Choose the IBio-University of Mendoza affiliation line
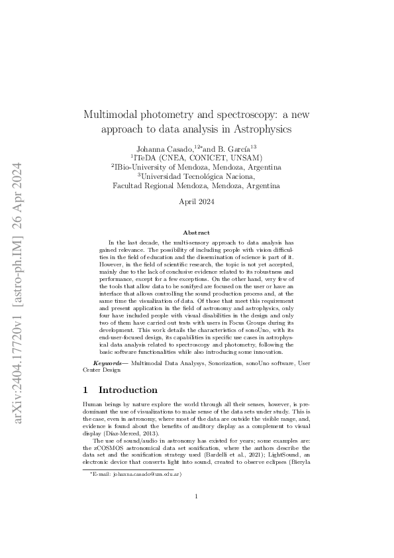point(197,167)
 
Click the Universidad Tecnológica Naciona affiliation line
point(197,176)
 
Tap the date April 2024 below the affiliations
point(197,202)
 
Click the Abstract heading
point(197,233)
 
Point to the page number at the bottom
point(197,515)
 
